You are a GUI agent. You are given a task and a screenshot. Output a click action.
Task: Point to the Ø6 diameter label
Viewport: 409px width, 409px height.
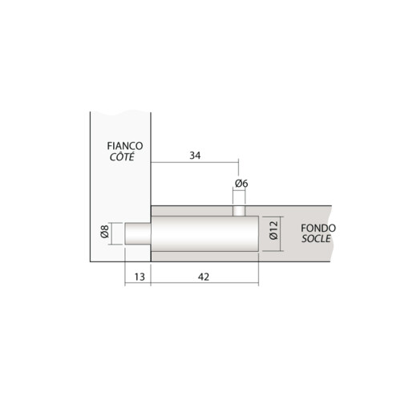pos(241,184)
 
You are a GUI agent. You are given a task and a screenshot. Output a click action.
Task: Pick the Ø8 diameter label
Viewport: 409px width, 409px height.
pos(105,234)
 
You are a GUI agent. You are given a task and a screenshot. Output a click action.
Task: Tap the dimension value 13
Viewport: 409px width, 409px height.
pos(138,277)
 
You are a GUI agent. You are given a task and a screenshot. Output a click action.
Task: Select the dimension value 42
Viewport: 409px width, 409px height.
pos(203,277)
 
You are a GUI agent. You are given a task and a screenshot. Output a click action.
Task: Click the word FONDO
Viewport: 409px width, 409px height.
pos(319,228)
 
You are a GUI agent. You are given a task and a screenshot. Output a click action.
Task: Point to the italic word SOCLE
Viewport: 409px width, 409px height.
pos(318,239)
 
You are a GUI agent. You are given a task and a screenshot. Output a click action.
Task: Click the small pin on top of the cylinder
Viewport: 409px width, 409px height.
pos(239,209)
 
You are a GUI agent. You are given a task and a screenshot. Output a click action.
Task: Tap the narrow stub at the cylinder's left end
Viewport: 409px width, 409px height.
pos(137,234)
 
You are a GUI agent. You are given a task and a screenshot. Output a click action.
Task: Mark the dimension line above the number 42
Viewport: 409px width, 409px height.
pos(204,266)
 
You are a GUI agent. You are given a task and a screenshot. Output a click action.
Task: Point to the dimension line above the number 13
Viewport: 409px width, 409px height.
pos(138,266)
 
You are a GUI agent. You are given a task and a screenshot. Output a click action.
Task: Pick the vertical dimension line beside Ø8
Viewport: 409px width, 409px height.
pos(114,234)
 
